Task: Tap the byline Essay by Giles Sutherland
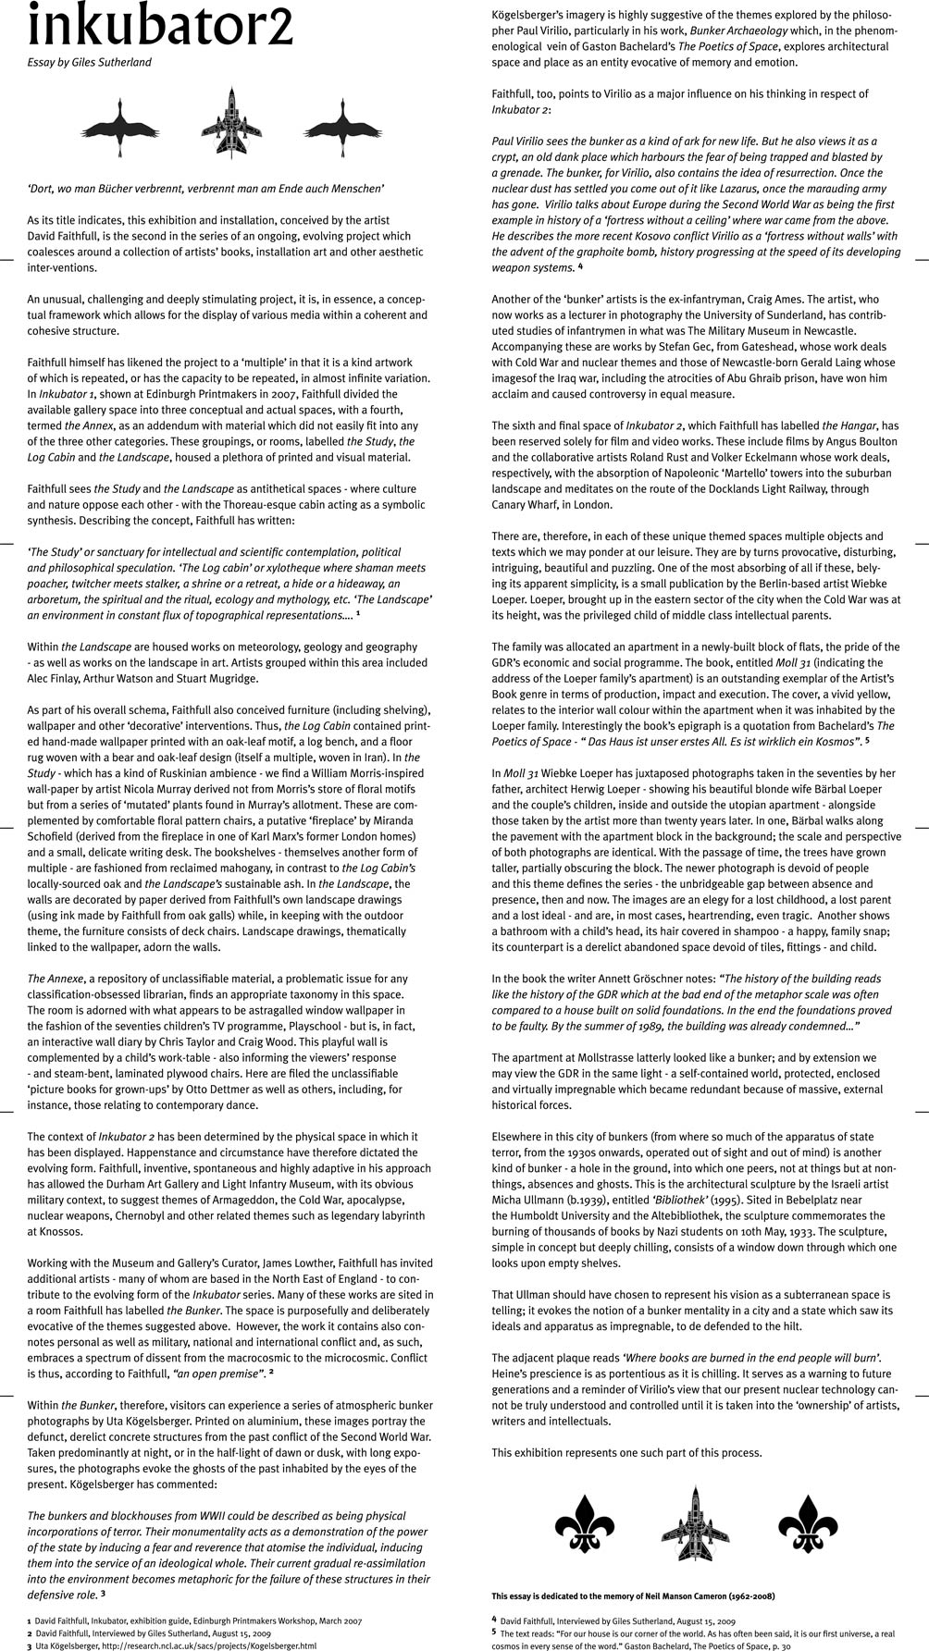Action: [x=89, y=63]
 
